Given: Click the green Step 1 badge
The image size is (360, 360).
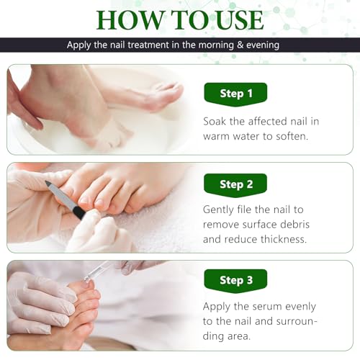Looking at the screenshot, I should tap(235, 94).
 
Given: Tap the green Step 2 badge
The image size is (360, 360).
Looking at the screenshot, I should tap(235, 184).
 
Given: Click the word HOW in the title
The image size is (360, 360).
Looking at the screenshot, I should tap(130, 19).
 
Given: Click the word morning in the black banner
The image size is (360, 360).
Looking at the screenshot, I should tap(217, 45).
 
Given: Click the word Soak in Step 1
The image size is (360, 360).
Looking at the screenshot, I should tap(217, 121).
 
